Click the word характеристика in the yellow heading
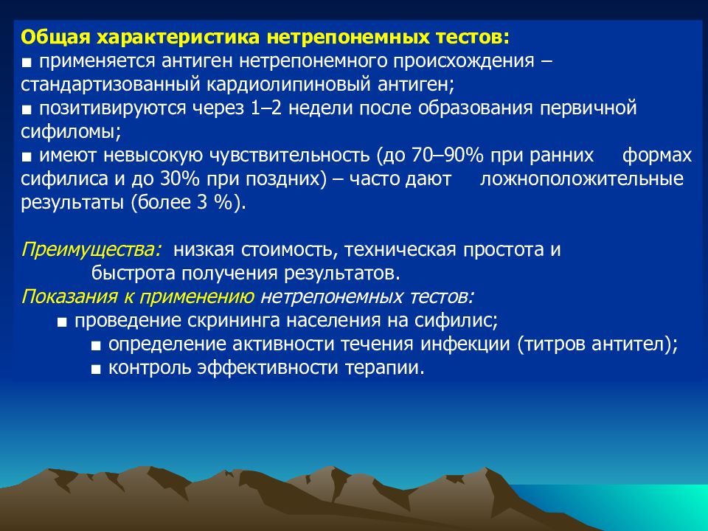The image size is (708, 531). tap(178, 38)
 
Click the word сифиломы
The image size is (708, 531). tap(71, 132)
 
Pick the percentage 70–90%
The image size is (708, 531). tap(448, 156)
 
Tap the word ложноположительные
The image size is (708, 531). tap(582, 179)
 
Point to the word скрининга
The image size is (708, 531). tap(235, 322)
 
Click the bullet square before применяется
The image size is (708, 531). tap(27, 63)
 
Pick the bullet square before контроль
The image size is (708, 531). tap(95, 370)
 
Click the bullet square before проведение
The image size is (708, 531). tap(62, 323)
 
